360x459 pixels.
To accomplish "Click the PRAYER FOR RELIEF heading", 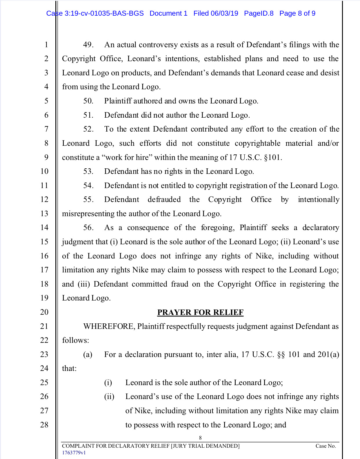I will pos(200,312).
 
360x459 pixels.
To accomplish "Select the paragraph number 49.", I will pos(88,45).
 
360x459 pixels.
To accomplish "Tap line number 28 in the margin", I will pos(44,425).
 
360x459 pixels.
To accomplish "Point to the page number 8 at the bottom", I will pos(200,438).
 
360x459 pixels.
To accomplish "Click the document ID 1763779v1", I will pos(74,453).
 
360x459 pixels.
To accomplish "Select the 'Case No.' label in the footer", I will pos(326,446).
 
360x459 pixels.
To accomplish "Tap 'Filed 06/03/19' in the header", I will pos(216,13).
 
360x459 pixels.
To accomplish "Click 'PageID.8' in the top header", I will pos(259,13).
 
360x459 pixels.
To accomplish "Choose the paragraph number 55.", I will pos(88,199).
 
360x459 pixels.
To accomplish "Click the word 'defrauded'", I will pos(164,199).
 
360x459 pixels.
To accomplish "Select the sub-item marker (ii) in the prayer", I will pos(109,396).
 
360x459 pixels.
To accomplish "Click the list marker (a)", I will pos(88,354).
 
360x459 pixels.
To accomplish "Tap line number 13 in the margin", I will pos(44,214).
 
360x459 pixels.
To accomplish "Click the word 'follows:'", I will pos(76,340).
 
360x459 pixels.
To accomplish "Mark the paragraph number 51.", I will pos(88,115).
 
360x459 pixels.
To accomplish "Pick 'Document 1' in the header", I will pos(168,13).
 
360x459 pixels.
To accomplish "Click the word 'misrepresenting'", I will pos(88,214).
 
